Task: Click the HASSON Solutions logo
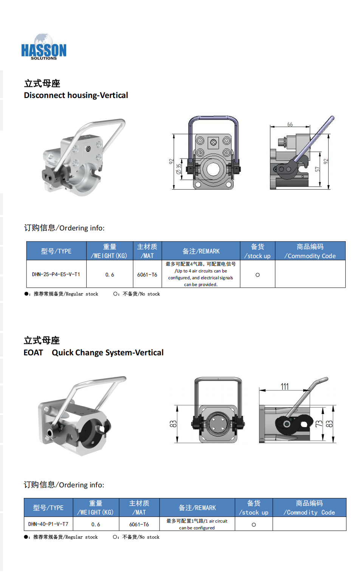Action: point(43,47)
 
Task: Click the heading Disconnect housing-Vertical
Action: point(76,95)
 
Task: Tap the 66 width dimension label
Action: point(290,124)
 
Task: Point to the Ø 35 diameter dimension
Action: point(178,169)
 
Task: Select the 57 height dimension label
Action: point(317,169)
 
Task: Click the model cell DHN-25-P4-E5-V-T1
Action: point(56,274)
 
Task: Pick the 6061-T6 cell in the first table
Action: point(147,275)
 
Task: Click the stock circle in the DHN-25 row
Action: point(258,275)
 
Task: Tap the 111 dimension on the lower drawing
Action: point(285,387)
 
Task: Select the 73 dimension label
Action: point(319,424)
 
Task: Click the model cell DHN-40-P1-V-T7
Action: point(48,524)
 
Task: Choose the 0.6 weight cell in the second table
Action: point(96,524)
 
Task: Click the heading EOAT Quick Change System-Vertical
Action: point(94,353)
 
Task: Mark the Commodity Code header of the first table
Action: point(310,251)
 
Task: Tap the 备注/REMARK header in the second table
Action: point(197,508)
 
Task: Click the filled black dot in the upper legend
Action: point(26,294)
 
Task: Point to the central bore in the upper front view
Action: point(213,170)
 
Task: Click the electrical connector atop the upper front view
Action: point(213,142)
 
